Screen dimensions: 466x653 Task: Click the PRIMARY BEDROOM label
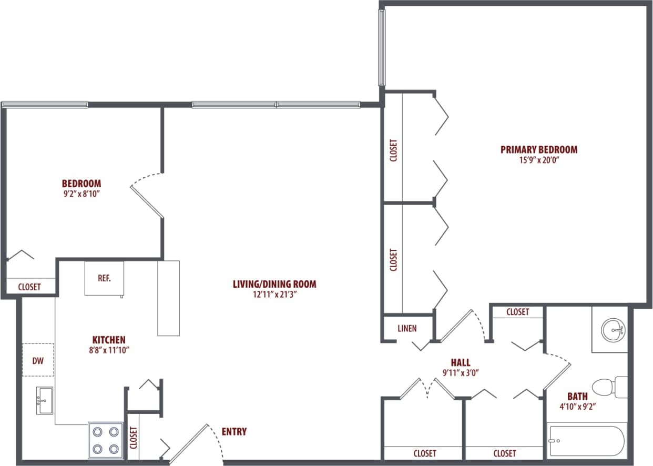pyautogui.click(x=538, y=149)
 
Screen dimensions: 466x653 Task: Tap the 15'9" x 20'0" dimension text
pyautogui.click(x=538, y=160)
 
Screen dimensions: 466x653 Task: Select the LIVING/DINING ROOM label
pyautogui.click(x=274, y=285)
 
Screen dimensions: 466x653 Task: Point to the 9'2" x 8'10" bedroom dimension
pyautogui.click(x=81, y=194)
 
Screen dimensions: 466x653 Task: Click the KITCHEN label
pyautogui.click(x=109, y=340)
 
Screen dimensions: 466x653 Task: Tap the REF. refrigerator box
pyautogui.click(x=104, y=278)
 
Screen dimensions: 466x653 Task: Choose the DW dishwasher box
pyautogui.click(x=38, y=360)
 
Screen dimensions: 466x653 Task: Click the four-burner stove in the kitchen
pyautogui.click(x=105, y=440)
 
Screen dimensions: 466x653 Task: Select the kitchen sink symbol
pyautogui.click(x=45, y=401)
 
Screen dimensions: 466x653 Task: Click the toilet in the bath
pyautogui.click(x=610, y=386)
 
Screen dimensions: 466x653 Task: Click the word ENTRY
pyautogui.click(x=234, y=432)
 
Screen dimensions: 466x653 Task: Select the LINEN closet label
pyautogui.click(x=407, y=329)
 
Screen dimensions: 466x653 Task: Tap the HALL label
pyautogui.click(x=460, y=362)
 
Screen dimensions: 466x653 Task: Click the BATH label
pyautogui.click(x=577, y=396)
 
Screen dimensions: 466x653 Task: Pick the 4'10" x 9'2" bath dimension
pyautogui.click(x=577, y=406)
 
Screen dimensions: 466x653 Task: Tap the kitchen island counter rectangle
pyautogui.click(x=169, y=298)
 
